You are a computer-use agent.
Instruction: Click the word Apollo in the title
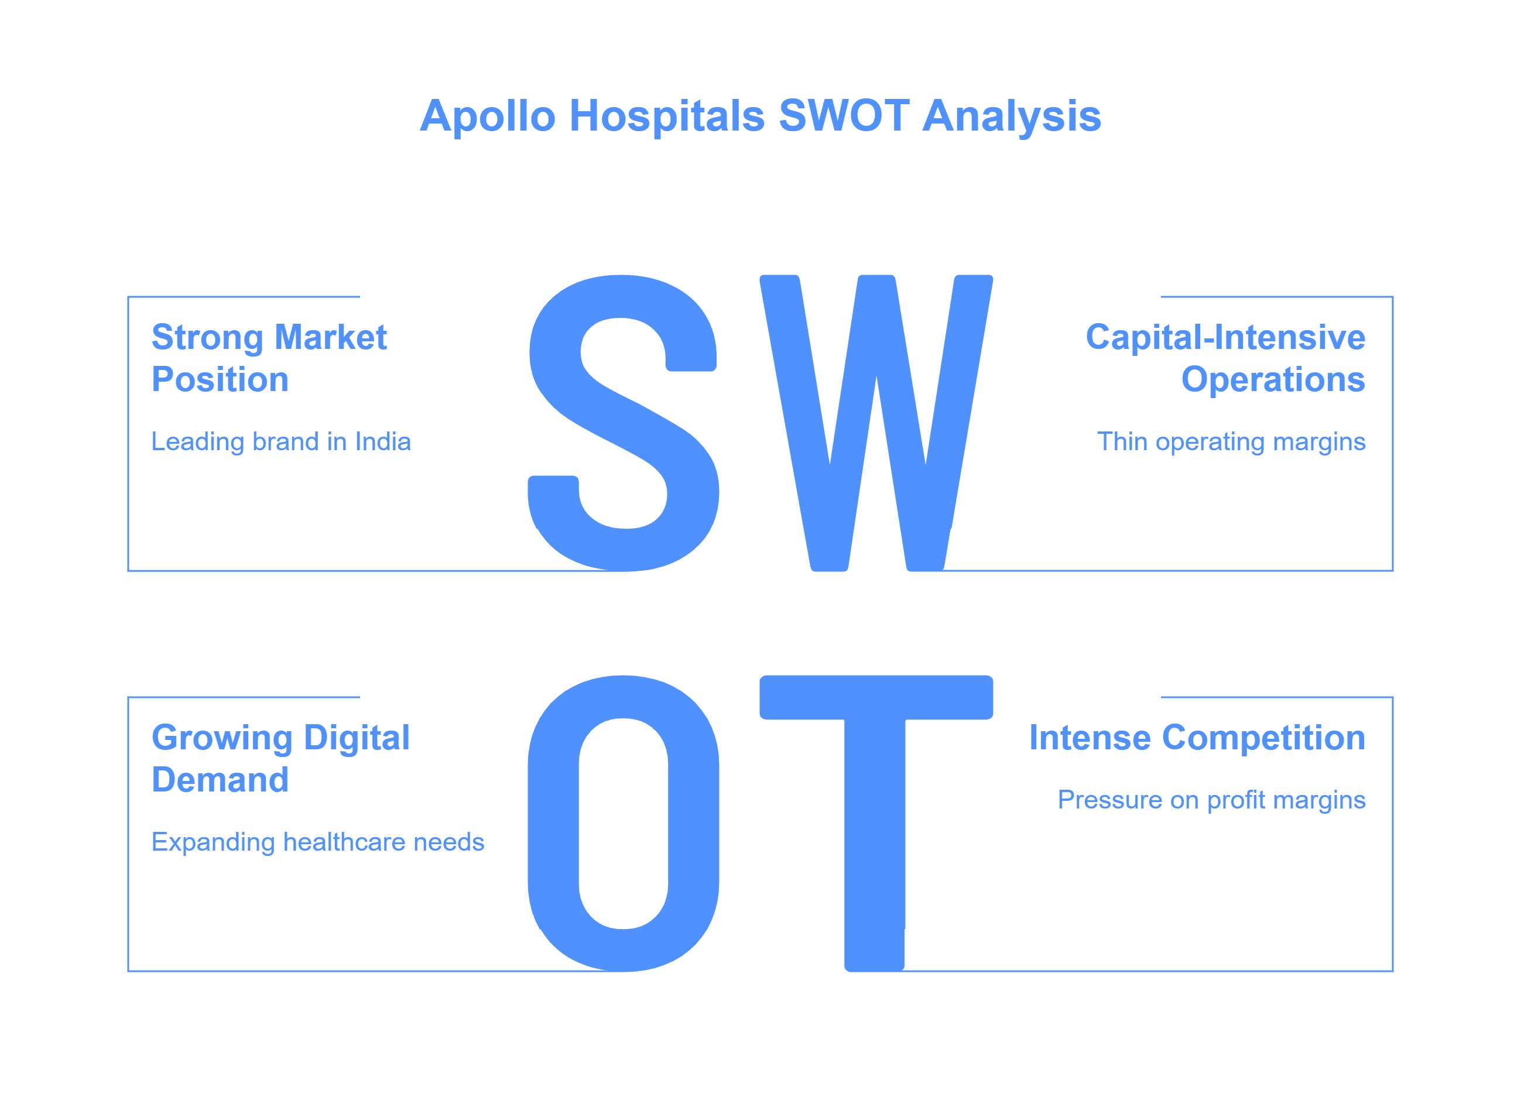coord(488,117)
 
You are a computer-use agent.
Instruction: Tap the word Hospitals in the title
coord(667,117)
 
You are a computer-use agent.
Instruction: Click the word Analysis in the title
coord(1012,117)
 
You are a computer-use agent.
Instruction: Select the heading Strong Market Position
coord(269,358)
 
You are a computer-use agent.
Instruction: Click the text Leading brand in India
coord(280,441)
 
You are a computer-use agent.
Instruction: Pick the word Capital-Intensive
coord(1225,337)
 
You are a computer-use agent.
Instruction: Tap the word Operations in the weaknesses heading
coord(1273,379)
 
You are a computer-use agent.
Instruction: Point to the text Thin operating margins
coord(1231,442)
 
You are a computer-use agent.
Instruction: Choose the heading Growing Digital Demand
coord(280,758)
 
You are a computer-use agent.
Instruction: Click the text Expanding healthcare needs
coord(318,842)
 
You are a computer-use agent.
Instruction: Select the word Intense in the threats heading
coord(1089,738)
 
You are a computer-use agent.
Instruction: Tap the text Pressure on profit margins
coord(1211,800)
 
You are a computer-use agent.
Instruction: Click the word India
coord(383,441)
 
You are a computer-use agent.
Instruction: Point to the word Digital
coord(357,738)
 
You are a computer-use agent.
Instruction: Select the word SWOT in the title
coord(844,117)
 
